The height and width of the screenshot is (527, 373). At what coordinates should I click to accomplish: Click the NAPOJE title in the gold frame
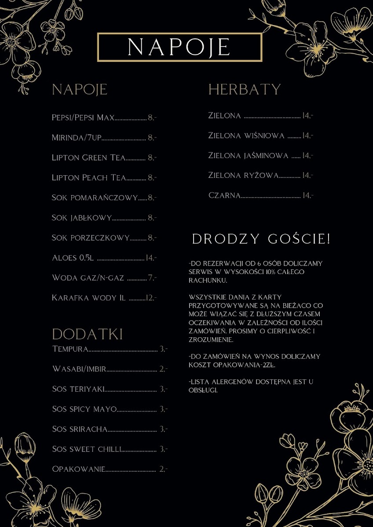[x=179, y=47]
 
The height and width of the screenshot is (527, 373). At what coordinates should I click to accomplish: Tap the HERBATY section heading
[x=244, y=90]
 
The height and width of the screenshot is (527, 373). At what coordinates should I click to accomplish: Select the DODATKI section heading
[x=88, y=334]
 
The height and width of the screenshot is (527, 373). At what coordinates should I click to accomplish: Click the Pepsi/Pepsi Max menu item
[x=83, y=118]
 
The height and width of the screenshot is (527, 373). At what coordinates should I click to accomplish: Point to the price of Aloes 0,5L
[x=151, y=258]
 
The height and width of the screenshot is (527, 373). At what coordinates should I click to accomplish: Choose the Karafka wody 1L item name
[x=89, y=298]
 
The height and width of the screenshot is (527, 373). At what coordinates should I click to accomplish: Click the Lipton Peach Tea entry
[x=89, y=178]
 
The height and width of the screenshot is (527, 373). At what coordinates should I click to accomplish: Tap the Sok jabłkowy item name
[x=82, y=218]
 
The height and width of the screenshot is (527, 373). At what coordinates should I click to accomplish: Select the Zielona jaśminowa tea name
[x=249, y=156]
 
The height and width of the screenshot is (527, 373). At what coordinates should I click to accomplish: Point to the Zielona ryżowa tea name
[x=243, y=176]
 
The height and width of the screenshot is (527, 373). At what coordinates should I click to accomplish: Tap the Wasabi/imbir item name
[x=79, y=369]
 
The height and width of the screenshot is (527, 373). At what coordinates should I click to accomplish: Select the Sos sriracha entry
[x=80, y=429]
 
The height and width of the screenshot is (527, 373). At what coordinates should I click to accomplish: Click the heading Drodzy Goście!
[x=261, y=239]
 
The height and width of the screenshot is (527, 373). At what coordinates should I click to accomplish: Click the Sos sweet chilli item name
[x=86, y=449]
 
